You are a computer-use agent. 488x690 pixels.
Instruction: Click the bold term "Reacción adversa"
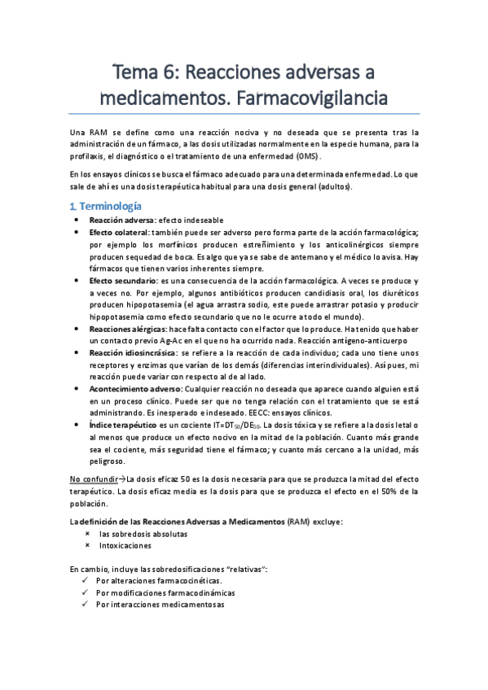coord(121,220)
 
